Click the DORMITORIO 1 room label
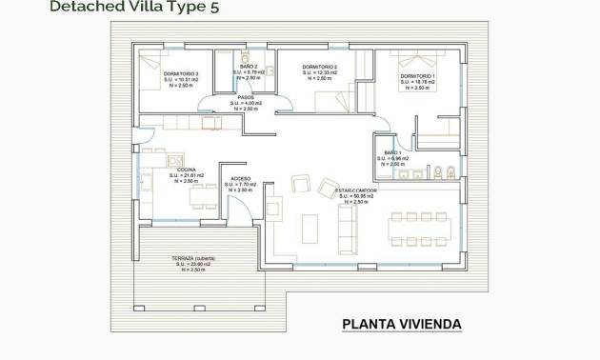click(x=417, y=76)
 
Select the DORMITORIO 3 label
click(x=180, y=73)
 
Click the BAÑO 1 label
click(x=393, y=152)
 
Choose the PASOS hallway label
click(x=245, y=96)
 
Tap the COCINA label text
click(x=187, y=169)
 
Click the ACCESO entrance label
click(x=241, y=178)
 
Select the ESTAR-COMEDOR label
click(x=355, y=190)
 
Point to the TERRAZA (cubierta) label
click(x=195, y=258)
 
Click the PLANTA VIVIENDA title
click(x=401, y=325)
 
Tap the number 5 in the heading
click(x=226, y=8)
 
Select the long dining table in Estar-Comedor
click(x=419, y=229)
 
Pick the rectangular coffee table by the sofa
click(x=310, y=228)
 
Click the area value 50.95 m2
click(x=357, y=196)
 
